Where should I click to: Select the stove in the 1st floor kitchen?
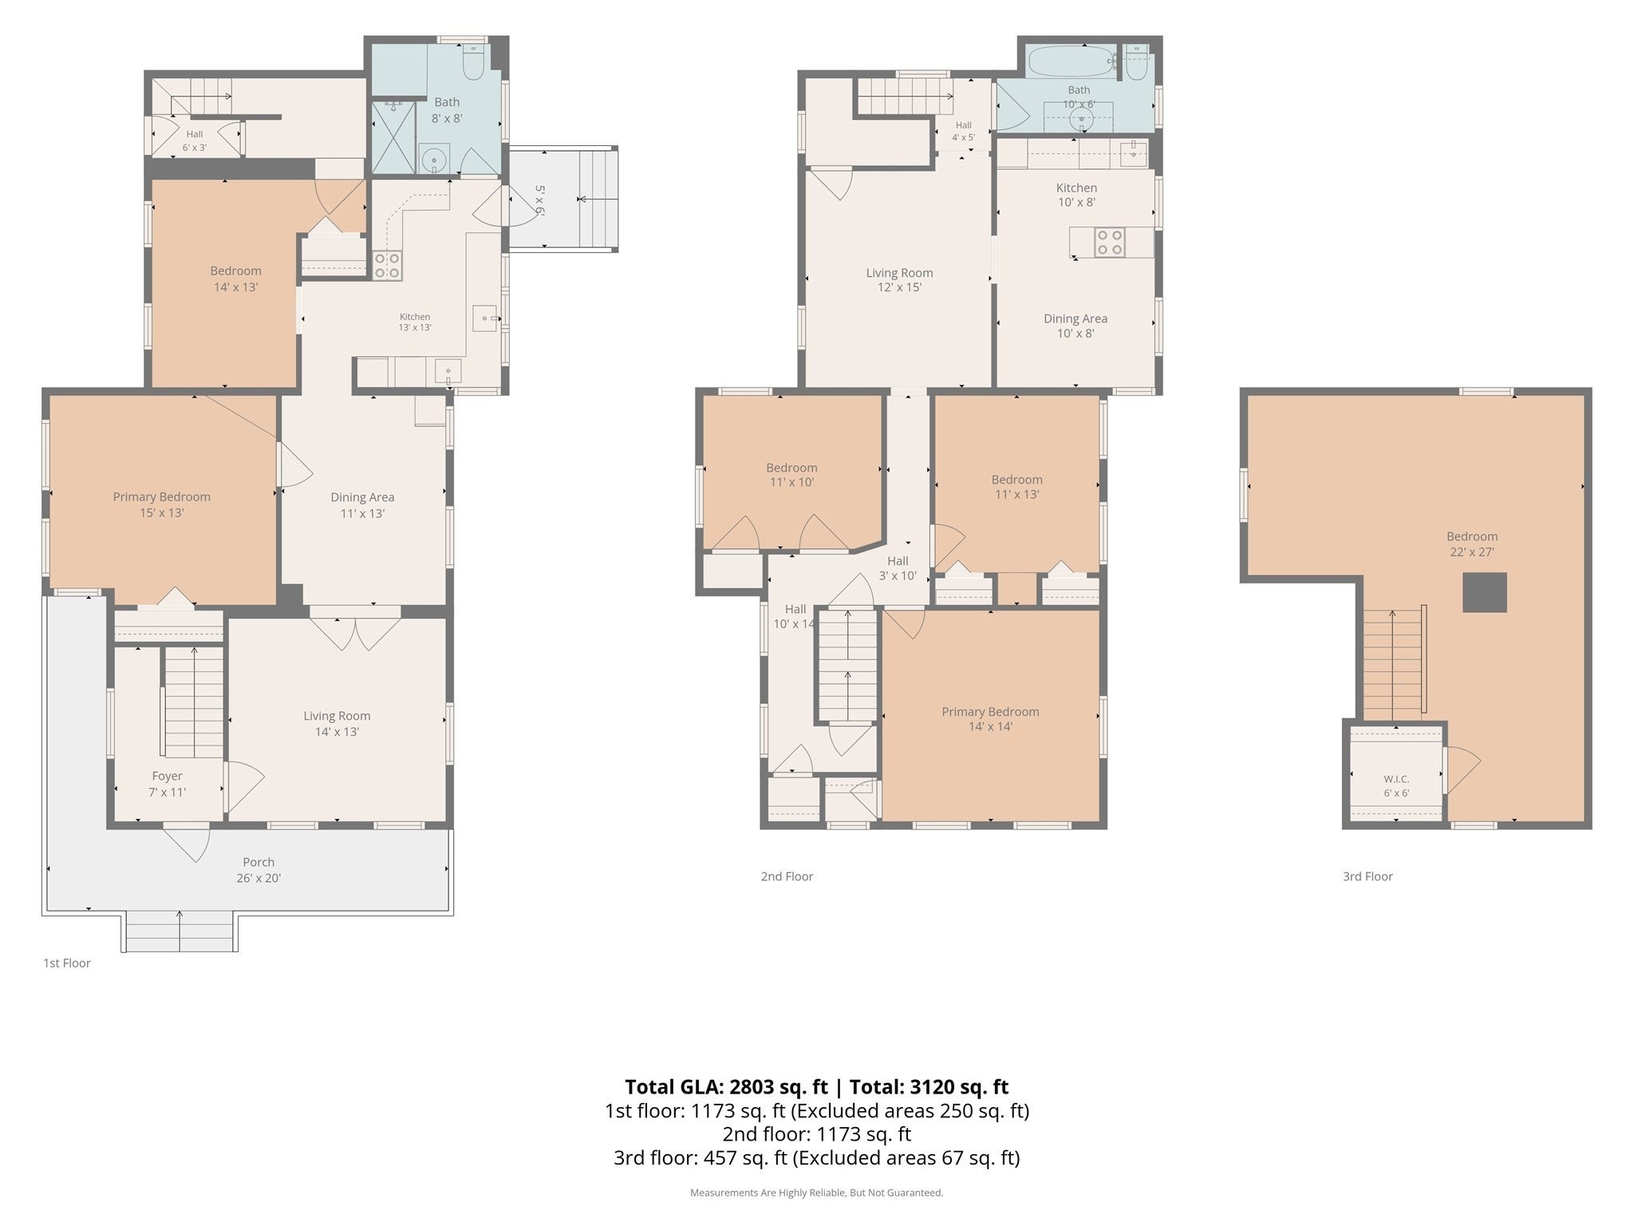[388, 265]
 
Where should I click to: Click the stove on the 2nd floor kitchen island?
[1110, 242]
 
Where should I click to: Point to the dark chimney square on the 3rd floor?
[1484, 592]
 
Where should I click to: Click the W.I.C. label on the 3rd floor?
[1396, 778]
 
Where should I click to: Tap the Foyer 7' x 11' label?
[168, 784]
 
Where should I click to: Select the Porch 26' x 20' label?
[259, 870]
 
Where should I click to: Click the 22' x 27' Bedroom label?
[1472, 544]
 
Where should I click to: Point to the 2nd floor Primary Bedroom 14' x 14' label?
[990, 718]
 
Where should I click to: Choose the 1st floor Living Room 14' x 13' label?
[337, 723]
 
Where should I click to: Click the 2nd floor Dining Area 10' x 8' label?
[1076, 326]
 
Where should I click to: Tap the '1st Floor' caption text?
[67, 963]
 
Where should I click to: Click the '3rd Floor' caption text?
[1368, 876]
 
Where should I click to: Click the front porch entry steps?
[180, 931]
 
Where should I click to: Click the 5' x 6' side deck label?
[539, 200]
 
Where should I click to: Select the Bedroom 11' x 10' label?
[791, 475]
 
